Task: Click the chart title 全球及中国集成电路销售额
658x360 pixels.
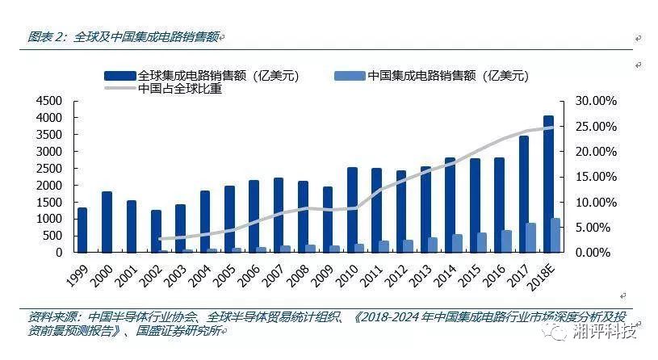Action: point(145,37)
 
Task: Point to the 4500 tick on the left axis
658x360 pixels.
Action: point(48,101)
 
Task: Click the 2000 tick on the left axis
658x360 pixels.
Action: point(48,185)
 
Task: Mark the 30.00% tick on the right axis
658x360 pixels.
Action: point(596,101)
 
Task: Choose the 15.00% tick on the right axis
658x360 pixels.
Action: point(596,177)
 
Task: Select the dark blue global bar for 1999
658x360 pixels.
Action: point(82,230)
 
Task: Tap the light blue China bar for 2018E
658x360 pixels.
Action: point(555,235)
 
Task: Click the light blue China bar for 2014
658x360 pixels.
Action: point(457,243)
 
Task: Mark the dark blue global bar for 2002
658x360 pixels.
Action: point(155,231)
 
